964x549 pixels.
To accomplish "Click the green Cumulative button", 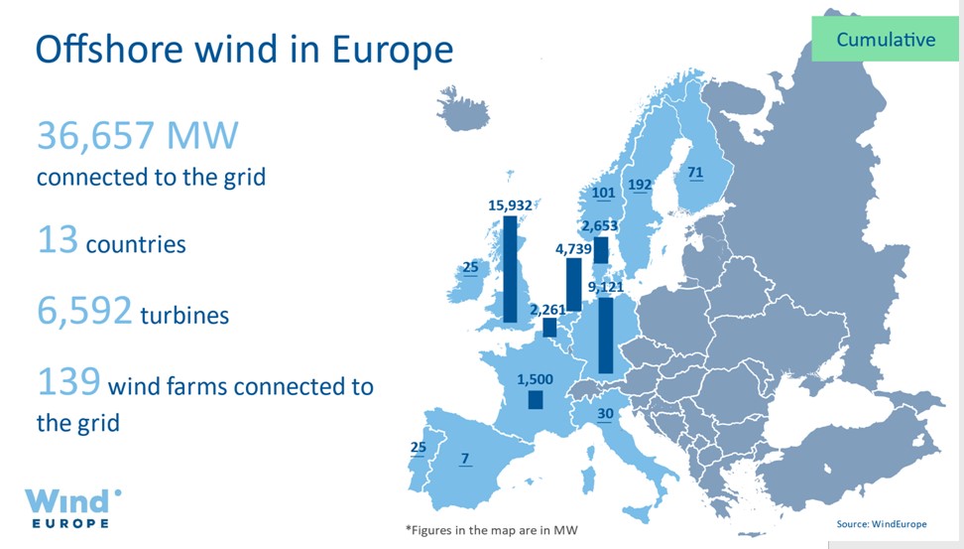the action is tap(885, 39).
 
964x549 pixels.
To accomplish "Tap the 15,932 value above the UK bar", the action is tap(510, 205).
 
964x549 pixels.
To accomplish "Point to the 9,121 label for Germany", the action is tap(606, 287).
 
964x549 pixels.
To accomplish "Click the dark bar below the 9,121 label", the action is tap(606, 336).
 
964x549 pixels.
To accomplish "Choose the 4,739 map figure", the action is tap(573, 248).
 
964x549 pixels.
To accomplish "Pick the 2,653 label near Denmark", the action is tap(600, 226).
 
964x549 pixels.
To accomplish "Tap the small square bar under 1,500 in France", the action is tap(536, 400).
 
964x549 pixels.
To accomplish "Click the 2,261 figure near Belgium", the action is tap(547, 309).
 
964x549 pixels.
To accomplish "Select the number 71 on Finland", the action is tap(695, 173).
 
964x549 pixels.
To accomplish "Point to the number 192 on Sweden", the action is tap(640, 185).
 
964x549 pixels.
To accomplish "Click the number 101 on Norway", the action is tap(603, 193).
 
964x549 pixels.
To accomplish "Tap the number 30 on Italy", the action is tap(605, 414).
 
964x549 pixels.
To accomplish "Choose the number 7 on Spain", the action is tap(465, 459).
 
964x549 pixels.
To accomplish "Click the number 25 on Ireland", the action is tap(470, 267).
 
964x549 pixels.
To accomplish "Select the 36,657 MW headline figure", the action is tap(137, 135).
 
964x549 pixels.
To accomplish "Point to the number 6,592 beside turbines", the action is tap(84, 310).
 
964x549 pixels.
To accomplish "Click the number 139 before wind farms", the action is tap(68, 381).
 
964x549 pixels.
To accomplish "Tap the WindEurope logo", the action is tap(72, 508).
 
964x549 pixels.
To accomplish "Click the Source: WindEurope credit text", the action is tap(881, 524).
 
